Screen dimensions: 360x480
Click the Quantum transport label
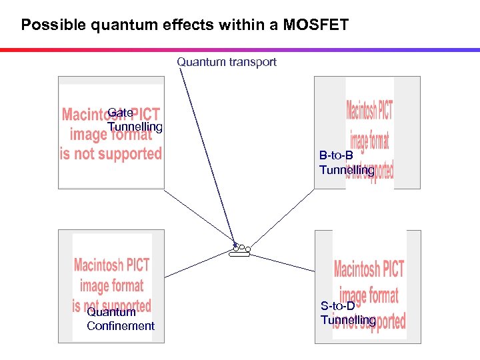[x=226, y=62]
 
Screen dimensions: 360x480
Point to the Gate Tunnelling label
[x=134, y=120]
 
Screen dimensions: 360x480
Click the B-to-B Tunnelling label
[x=346, y=163]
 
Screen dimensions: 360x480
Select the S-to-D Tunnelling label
[x=347, y=313]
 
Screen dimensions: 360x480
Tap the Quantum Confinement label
[x=120, y=319]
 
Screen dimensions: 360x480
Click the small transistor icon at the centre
[x=239, y=250]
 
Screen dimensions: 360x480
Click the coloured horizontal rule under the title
[x=240, y=50]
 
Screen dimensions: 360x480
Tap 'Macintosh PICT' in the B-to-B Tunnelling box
[x=369, y=109]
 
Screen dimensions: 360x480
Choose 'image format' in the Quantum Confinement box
[x=111, y=286]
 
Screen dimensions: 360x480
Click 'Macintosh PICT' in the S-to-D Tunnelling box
[x=369, y=269]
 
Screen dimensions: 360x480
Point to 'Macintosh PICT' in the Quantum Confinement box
[x=111, y=265]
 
